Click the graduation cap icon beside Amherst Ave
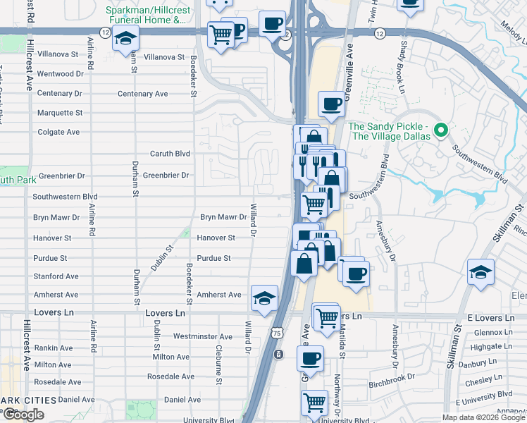264,298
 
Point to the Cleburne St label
220,350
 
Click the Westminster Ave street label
202,337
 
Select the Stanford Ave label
56,276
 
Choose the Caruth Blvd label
170,153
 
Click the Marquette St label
59,112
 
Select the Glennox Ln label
488,332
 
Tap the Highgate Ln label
486,347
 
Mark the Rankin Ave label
54,348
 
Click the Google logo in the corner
23,415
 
